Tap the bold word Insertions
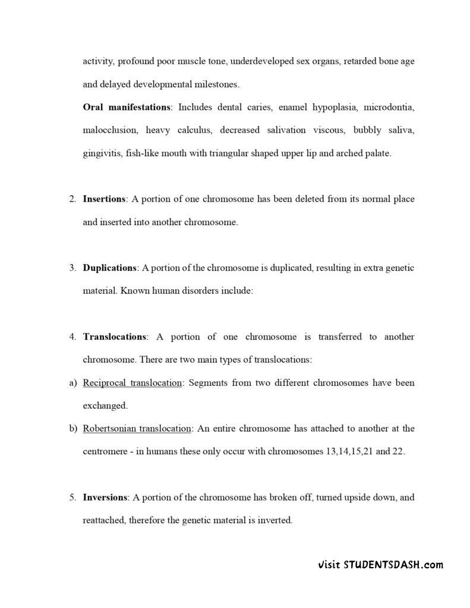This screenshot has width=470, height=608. click(x=104, y=199)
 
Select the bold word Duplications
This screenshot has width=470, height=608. click(x=110, y=268)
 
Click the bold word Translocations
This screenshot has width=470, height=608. click(x=115, y=337)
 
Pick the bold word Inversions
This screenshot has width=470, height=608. click(x=105, y=497)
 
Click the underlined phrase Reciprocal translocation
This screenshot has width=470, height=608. click(x=132, y=382)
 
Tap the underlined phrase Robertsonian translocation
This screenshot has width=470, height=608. click(x=137, y=428)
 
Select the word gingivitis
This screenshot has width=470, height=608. click(x=102, y=153)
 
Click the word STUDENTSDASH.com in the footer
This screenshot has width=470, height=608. click(x=393, y=565)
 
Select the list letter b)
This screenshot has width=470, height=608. click(x=74, y=428)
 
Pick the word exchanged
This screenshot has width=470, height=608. click(x=105, y=406)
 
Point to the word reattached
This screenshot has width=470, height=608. click(x=104, y=520)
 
